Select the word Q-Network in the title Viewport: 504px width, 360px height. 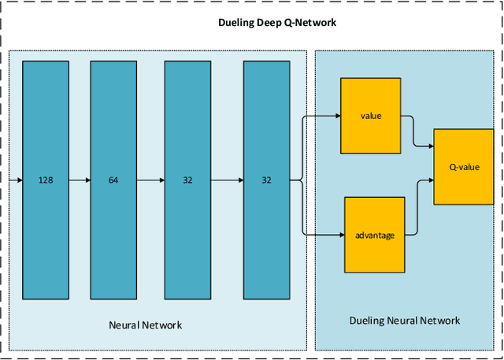pos(312,23)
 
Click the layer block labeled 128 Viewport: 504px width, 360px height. pos(46,180)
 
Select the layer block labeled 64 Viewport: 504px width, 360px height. pos(113,180)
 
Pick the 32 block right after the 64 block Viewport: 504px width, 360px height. pos(187,180)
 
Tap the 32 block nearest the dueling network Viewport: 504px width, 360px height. pos(266,180)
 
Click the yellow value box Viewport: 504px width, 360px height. pos(371,116)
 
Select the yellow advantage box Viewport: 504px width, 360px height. pos(375,235)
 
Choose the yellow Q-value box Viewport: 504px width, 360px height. pos(464,167)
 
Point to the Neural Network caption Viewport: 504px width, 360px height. pos(145,325)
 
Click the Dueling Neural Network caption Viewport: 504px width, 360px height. pos(405,321)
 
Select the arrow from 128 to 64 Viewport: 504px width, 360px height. pos(80,180)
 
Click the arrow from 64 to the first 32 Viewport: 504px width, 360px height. pos(150,180)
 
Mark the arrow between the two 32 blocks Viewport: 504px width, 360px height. pos(227,180)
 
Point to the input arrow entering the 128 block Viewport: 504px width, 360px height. pos(16,180)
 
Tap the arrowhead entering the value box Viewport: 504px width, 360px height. pos(336,116)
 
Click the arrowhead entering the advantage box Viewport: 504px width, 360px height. pos(341,235)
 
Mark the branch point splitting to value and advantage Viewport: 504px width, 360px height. pos(302,180)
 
